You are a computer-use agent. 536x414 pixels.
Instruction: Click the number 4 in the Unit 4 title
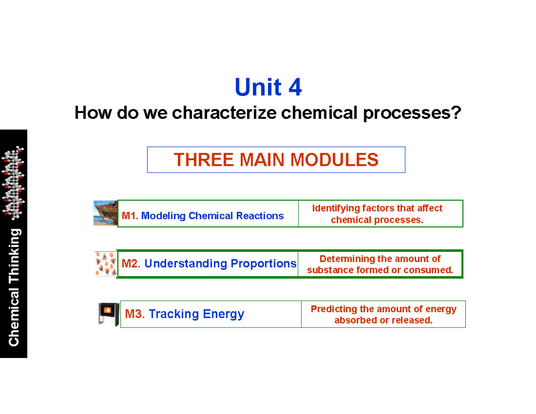295,88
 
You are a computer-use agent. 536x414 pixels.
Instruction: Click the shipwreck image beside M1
105,213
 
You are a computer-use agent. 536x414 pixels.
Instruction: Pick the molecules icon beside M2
105,263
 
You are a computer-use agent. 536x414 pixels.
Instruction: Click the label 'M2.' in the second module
131,263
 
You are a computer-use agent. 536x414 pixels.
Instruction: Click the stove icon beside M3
109,314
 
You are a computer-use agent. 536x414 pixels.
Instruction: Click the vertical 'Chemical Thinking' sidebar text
14,287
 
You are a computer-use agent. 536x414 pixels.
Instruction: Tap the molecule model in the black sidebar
14,183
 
